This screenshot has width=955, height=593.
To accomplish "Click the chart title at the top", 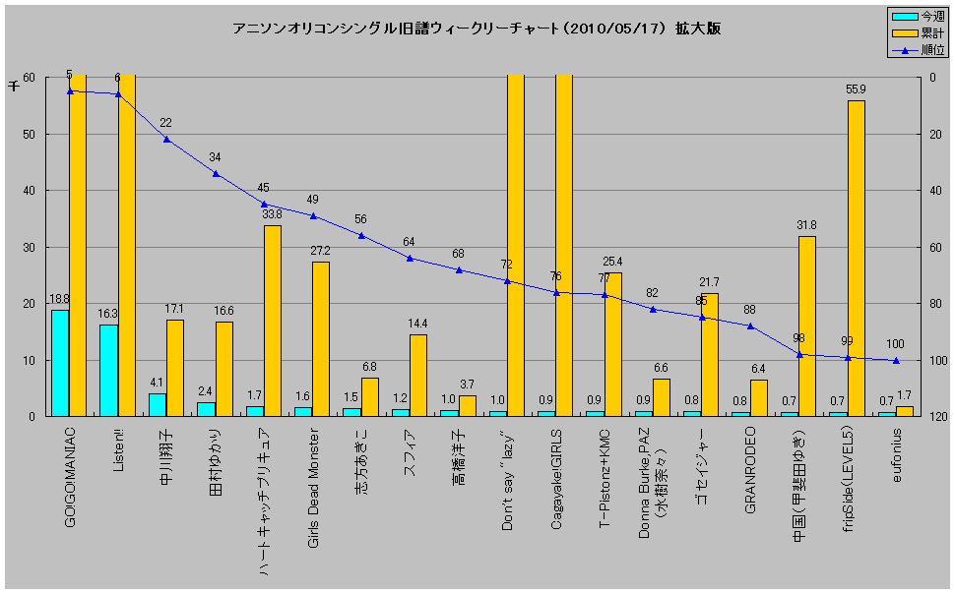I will pyautogui.click(x=477, y=29).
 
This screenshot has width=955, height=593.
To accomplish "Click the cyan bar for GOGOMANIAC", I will pyautogui.click(x=60, y=363).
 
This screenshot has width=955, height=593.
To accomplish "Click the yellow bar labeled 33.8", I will pyautogui.click(x=273, y=321).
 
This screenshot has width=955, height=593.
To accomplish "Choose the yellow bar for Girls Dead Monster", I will pyautogui.click(x=321, y=339).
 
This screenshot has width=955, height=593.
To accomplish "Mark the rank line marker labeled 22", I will pyautogui.click(x=166, y=140).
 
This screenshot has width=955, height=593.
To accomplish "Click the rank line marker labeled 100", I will pyautogui.click(x=895, y=361).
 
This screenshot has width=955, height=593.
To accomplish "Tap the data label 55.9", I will pyautogui.click(x=856, y=89).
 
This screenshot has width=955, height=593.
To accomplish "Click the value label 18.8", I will pyautogui.click(x=60, y=299).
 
